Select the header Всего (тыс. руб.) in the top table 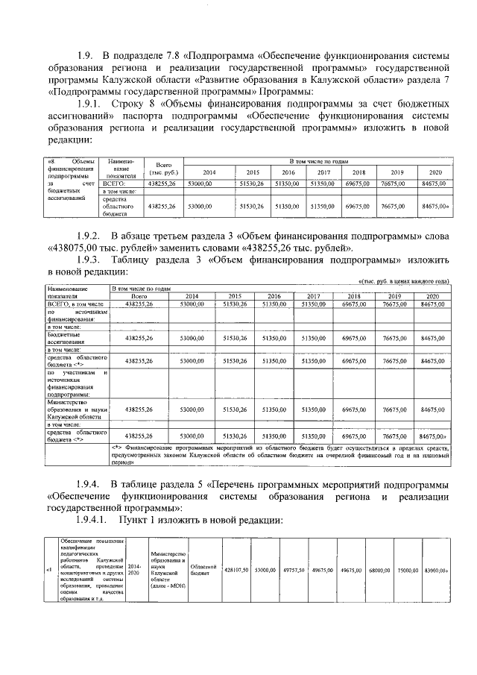point(161,167)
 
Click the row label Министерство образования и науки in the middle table point(78,409)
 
